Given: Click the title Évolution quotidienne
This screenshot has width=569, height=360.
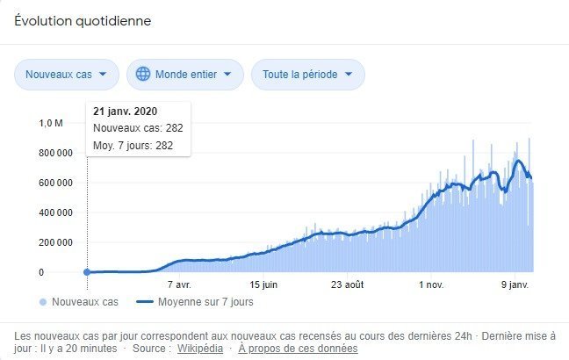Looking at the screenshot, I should [x=83, y=21].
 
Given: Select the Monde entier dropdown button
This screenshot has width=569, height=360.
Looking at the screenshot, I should [x=184, y=75].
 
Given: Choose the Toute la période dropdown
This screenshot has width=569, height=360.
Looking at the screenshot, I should [x=307, y=75].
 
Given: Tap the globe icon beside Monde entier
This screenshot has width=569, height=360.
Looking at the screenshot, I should [x=143, y=75].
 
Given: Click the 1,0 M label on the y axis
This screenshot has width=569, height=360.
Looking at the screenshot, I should [x=52, y=123].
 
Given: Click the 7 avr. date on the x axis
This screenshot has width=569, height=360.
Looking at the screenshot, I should [x=179, y=285].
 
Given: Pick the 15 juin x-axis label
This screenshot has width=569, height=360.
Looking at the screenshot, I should [x=263, y=285].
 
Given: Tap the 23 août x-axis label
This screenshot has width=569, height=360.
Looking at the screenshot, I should [x=348, y=285].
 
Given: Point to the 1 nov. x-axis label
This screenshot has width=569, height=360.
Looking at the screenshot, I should [x=432, y=285].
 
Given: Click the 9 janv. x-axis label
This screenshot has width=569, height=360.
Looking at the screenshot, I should [x=514, y=285].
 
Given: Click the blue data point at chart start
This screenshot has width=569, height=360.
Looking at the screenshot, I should [x=86, y=272].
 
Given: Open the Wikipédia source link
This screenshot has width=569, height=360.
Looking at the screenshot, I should [x=200, y=349].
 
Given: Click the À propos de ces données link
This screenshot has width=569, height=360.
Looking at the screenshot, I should [x=299, y=349].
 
